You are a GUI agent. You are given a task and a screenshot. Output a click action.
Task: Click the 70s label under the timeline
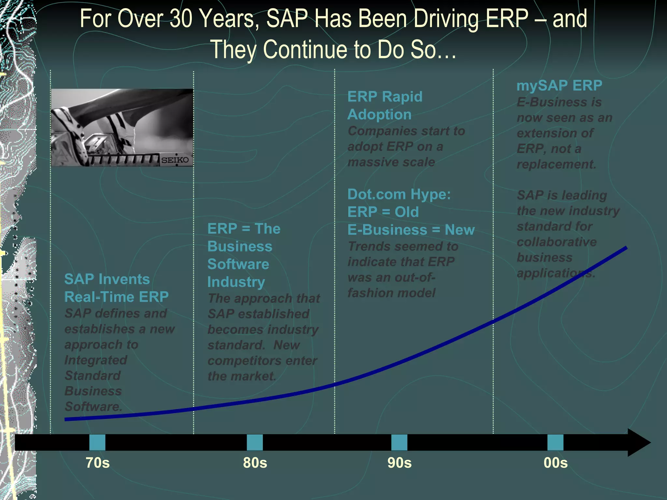coord(97,463)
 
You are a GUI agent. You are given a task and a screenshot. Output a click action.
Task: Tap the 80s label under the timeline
coord(255,463)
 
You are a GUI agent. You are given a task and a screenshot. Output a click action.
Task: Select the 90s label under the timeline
coord(399,463)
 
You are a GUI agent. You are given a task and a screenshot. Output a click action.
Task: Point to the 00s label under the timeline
coord(555,463)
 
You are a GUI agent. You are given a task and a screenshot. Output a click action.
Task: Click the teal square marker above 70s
coord(97,442)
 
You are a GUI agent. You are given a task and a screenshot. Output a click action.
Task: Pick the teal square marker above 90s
coord(399,442)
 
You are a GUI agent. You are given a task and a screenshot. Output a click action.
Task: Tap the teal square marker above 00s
coord(555,442)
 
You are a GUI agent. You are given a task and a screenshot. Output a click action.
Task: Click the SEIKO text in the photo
coord(175,160)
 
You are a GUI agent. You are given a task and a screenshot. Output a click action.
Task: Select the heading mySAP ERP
coord(559,86)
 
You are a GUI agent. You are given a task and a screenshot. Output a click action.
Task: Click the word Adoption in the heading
coord(379,115)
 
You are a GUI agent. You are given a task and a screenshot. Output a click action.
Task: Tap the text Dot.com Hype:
coord(399,194)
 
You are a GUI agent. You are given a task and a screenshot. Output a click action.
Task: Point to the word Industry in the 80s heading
coord(236,282)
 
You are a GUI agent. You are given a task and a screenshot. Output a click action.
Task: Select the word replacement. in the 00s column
coord(556,164)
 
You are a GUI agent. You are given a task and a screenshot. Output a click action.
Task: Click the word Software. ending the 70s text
coord(93,407)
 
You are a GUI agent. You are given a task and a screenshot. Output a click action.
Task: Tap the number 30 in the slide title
coord(182,19)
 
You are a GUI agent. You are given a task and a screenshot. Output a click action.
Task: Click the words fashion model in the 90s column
coord(391,293)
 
